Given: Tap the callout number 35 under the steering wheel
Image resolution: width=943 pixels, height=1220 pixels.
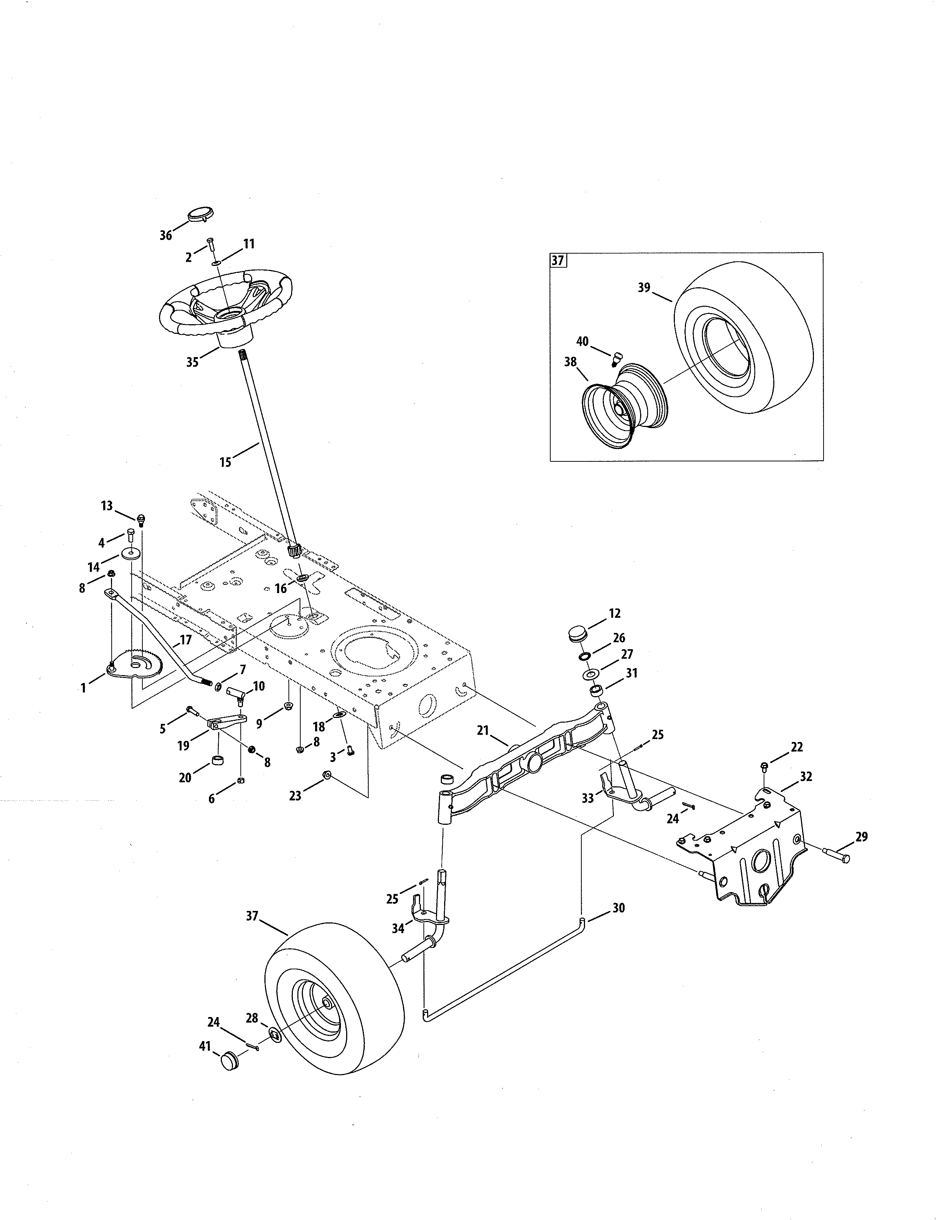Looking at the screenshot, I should tap(192, 362).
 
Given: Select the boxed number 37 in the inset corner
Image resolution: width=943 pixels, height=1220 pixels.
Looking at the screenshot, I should tap(558, 260).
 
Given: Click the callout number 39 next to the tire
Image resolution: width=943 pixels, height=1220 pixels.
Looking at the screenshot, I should tap(644, 287).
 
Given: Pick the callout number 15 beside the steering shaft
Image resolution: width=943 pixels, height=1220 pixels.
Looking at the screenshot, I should tap(225, 462).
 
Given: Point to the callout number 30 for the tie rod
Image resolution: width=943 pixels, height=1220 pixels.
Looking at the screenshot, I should tap(618, 908).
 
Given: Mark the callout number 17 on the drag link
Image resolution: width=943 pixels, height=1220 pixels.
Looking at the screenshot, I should tap(186, 640).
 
